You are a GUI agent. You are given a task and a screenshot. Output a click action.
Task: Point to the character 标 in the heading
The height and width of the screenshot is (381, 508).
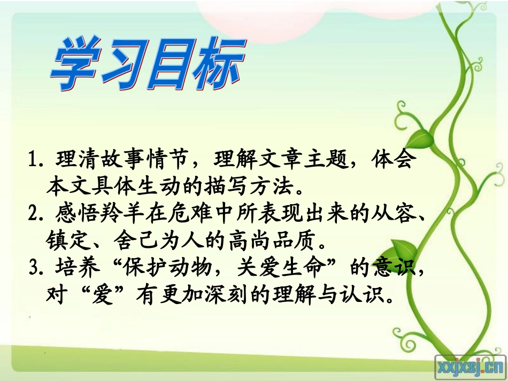[216, 67]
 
